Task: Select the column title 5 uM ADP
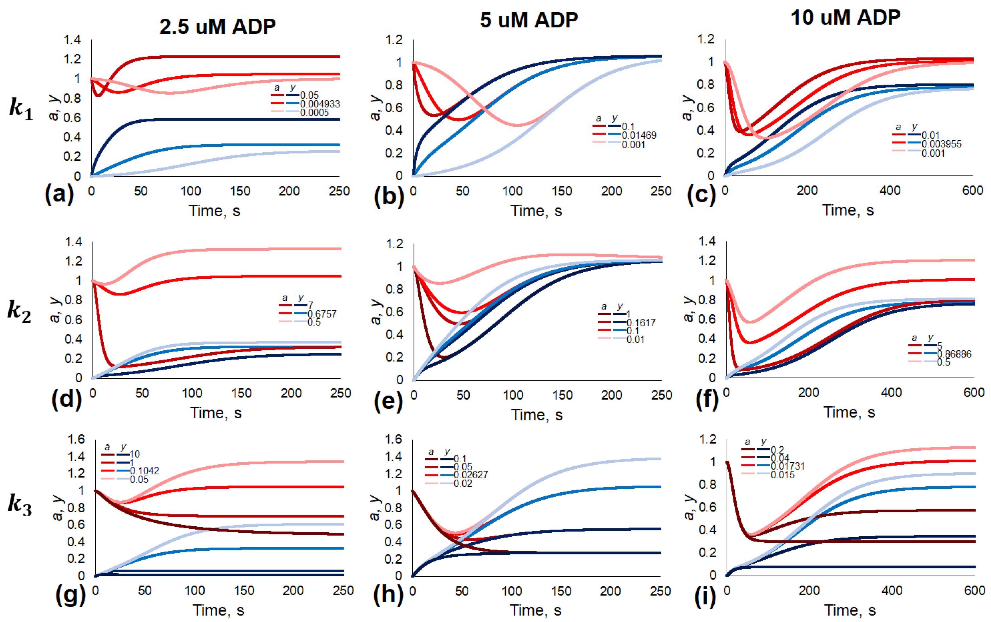tap(529, 20)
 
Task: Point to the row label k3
tap(20, 505)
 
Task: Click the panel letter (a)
tap(59, 194)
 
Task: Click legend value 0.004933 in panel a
tap(320, 104)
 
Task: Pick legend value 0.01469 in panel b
tap(639, 135)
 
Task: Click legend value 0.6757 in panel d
tap(322, 314)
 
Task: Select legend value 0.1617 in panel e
tap(641, 323)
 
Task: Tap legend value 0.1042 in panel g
tap(144, 471)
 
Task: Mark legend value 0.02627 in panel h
tap(470, 475)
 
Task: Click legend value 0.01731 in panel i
tap(787, 466)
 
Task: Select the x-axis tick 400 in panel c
tap(890, 191)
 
